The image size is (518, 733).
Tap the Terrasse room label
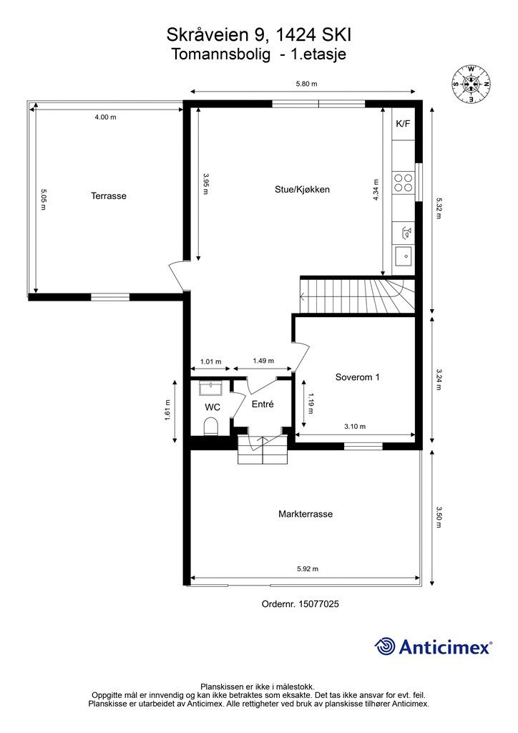[x=108, y=196]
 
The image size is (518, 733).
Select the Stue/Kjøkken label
[x=302, y=189]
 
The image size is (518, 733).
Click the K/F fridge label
[x=403, y=124]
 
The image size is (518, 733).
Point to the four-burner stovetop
[x=403, y=183]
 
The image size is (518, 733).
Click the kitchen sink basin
[x=403, y=256]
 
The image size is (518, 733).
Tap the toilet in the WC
[x=211, y=426]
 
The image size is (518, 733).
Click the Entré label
[x=263, y=404]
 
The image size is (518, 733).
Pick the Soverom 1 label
[x=357, y=377]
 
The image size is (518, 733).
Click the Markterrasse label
[x=306, y=514]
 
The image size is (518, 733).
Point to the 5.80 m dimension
[x=306, y=84]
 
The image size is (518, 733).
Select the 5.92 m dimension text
[x=308, y=569]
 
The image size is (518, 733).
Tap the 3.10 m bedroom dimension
[x=355, y=427]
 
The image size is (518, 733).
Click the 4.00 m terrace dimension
[x=106, y=117]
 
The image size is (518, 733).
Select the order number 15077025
[x=318, y=604]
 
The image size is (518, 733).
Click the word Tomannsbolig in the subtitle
[x=221, y=54]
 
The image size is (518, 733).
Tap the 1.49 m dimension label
[x=263, y=361]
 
